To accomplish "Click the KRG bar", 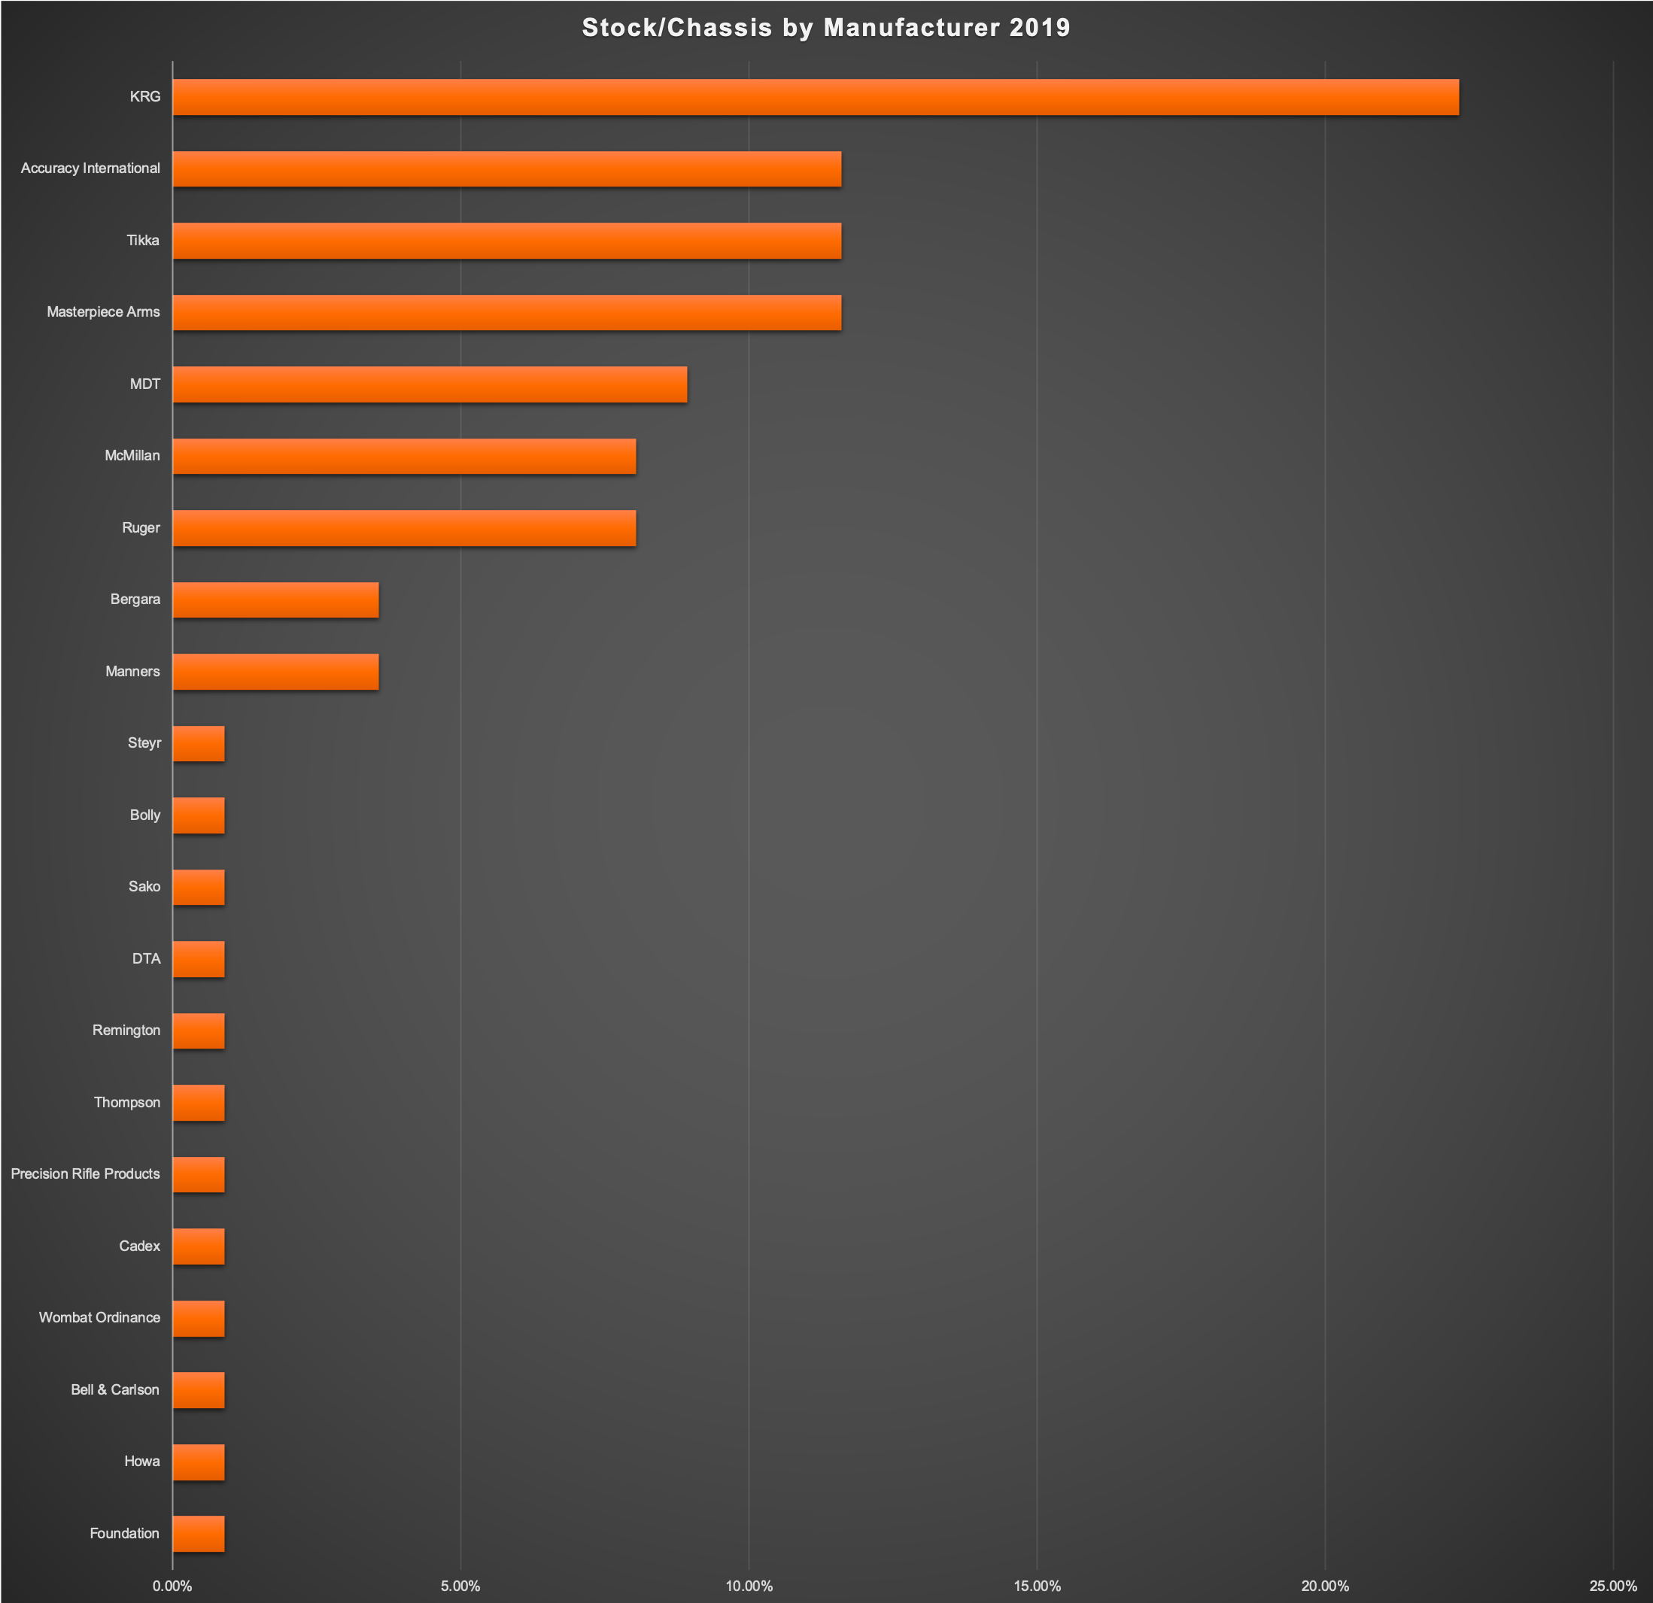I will click(815, 97).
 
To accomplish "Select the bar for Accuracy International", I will click(507, 168).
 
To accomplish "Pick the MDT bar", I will click(430, 384).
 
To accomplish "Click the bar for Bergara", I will click(276, 600).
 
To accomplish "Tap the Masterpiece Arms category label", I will click(103, 312).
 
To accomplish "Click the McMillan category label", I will click(132, 455).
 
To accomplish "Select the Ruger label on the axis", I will click(141, 528).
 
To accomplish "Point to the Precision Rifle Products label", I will click(85, 1173).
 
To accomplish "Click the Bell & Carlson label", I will click(114, 1389).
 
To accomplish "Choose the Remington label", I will click(126, 1031).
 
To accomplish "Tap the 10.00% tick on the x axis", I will click(749, 1586).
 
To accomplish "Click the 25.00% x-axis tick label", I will click(1612, 1586).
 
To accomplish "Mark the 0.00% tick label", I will click(173, 1586).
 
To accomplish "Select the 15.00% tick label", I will click(1037, 1586).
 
